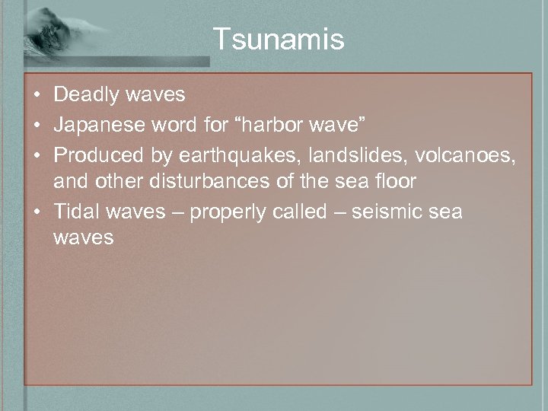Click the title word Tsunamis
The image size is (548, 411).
[x=278, y=40]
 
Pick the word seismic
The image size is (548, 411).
[x=390, y=211]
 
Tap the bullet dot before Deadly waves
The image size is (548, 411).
[x=37, y=95]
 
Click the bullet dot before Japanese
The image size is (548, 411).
[x=37, y=124]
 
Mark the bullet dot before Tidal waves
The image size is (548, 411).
[x=37, y=212]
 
